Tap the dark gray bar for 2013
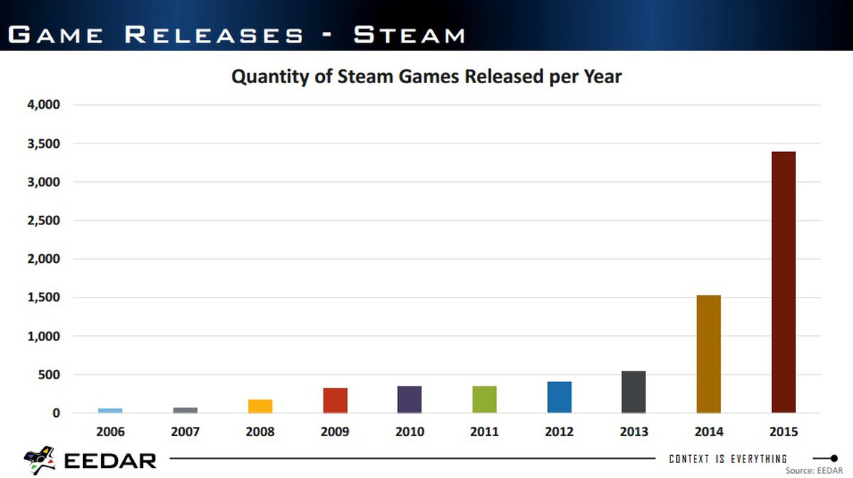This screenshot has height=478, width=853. pyautogui.click(x=634, y=392)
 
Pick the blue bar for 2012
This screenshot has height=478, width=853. pyautogui.click(x=559, y=397)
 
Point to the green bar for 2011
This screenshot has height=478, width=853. pyautogui.click(x=485, y=399)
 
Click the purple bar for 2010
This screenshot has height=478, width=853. pyautogui.click(x=409, y=399)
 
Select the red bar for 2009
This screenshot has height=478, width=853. pyautogui.click(x=335, y=400)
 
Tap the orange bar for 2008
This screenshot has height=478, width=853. pyautogui.click(x=260, y=406)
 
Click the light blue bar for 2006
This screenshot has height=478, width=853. pyautogui.click(x=110, y=411)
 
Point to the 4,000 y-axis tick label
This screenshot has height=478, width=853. pyautogui.click(x=44, y=105)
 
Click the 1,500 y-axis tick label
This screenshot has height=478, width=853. pyautogui.click(x=44, y=298)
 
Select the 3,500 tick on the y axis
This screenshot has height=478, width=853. pyautogui.click(x=44, y=143)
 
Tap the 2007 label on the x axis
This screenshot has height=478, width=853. pyautogui.click(x=185, y=432)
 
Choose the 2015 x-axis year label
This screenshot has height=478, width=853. pyautogui.click(x=783, y=432)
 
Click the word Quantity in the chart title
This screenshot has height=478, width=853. pyautogui.click(x=270, y=77)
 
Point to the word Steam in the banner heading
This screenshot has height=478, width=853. pyautogui.click(x=409, y=33)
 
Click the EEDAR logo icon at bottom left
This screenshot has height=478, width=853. pyautogui.click(x=40, y=460)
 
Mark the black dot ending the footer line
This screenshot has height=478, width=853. pyautogui.click(x=835, y=458)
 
